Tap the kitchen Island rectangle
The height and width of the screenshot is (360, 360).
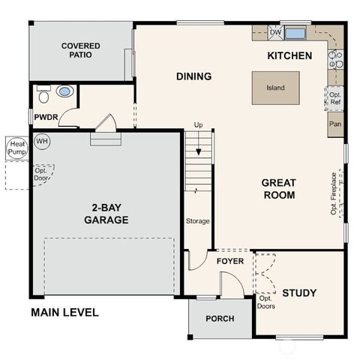click(275, 87)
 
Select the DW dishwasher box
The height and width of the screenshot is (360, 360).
click(275, 32)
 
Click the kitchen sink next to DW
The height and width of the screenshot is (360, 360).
click(295, 33)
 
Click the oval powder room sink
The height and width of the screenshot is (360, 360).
click(65, 91)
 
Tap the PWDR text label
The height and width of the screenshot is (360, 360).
click(46, 117)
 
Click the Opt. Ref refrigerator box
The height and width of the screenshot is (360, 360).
click(335, 98)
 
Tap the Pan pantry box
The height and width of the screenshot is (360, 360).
click(335, 124)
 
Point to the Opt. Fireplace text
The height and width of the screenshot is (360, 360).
click(334, 193)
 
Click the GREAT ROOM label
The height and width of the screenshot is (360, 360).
click(278, 188)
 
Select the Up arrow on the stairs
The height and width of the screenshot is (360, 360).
click(198, 150)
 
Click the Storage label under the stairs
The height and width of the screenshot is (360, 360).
click(197, 221)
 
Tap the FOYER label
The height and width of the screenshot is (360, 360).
click(230, 261)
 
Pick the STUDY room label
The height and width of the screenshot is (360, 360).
click(298, 292)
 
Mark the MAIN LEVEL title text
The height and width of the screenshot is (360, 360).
click(64, 312)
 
